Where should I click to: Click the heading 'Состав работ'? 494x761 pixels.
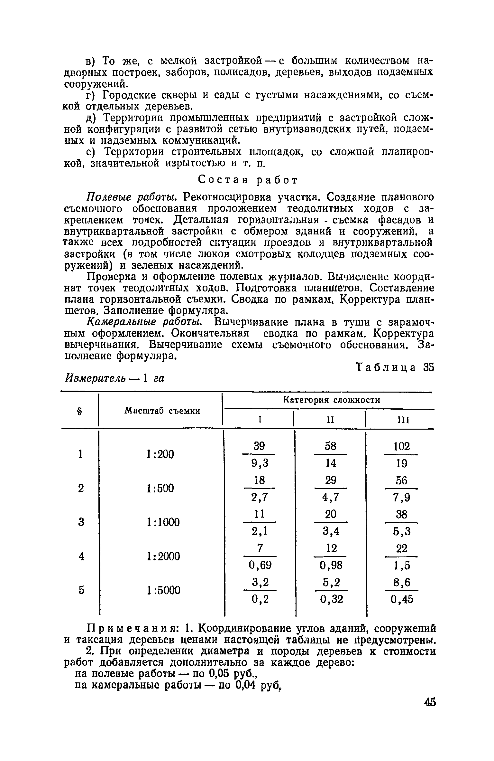point(247,180)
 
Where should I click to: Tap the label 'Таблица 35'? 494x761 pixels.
point(395,367)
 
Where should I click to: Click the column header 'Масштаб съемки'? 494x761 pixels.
point(162,411)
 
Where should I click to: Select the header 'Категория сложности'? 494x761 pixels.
point(331,400)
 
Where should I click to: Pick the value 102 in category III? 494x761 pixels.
point(402,446)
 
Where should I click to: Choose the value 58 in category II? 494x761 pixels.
point(330,446)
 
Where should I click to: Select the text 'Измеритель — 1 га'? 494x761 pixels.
point(115,379)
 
